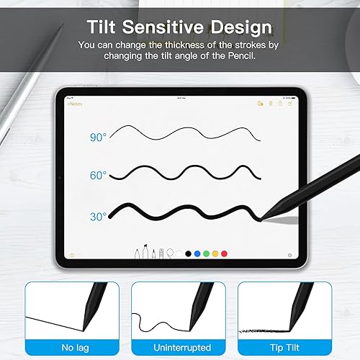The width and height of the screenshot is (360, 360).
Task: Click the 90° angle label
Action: coord(98,137)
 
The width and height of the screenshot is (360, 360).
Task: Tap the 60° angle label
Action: coord(98,175)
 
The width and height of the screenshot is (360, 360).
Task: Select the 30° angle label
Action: coord(98,215)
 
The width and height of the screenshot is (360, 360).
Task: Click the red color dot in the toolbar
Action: coord(224,253)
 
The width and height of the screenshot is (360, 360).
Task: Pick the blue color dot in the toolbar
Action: coord(197,253)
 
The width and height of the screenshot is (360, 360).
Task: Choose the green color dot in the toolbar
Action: coord(206,253)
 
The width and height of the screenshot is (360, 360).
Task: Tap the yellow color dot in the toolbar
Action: coord(215,253)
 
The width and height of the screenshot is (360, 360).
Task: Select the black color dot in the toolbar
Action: coord(188,253)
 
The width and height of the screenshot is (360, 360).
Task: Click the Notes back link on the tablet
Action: coord(74,104)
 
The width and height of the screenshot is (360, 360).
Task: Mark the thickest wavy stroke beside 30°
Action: coord(180,213)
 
